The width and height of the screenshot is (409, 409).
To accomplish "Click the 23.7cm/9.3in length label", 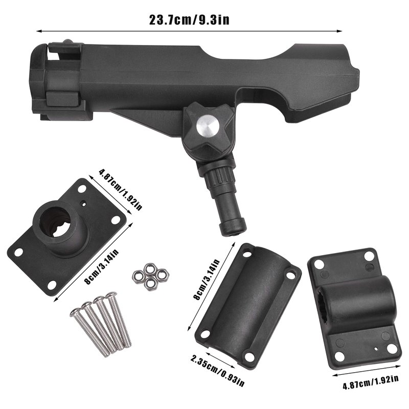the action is coord(189,20).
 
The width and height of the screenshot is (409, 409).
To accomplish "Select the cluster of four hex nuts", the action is coord(150,277).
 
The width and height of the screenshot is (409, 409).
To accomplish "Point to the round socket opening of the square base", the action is coord(56,222).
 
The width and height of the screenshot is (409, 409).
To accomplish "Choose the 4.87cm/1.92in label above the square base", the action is coord(121,190).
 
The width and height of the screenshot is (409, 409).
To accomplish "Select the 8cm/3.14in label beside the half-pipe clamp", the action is coord(208,279).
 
